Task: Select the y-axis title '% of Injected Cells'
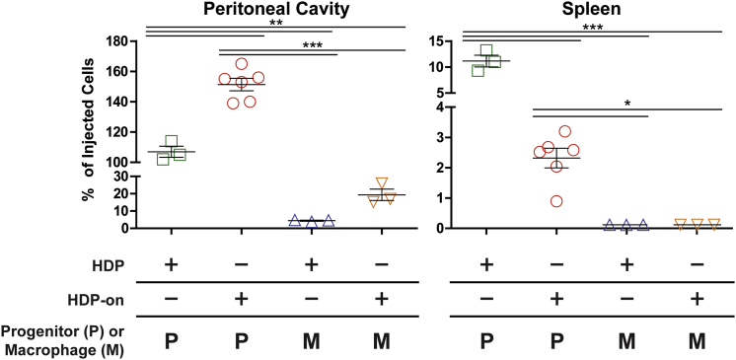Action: click(91, 135)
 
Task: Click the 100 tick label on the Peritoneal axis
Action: click(116, 162)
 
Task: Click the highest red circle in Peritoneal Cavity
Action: click(241, 64)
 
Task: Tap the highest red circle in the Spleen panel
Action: click(564, 131)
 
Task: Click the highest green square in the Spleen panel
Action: click(486, 50)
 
